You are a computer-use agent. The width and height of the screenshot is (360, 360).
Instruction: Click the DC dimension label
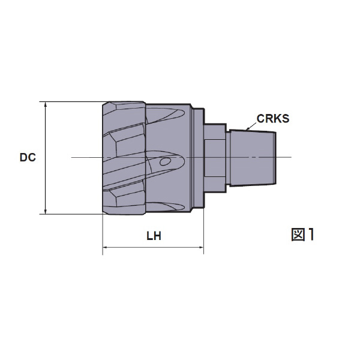[x=28, y=158]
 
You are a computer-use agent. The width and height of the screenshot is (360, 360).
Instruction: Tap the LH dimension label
[x=154, y=236]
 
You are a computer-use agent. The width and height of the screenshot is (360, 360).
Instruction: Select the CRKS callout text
[x=273, y=118]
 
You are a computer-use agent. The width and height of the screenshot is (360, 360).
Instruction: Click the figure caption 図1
[x=303, y=234]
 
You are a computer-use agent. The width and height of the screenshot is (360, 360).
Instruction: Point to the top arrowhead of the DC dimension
[x=46, y=104]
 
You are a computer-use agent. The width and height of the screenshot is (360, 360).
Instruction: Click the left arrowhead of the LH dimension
[x=106, y=247]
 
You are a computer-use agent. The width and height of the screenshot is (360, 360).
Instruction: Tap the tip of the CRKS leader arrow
[x=245, y=129]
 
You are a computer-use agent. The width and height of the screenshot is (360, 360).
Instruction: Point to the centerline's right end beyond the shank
[x=290, y=158]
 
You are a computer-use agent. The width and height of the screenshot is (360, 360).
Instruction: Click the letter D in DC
[x=23, y=158]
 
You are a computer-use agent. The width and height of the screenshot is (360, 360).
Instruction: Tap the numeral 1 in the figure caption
[x=311, y=234]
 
